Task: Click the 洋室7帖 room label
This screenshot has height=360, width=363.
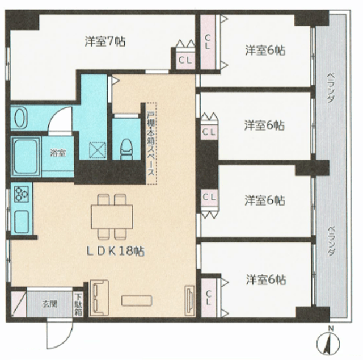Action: [105, 41]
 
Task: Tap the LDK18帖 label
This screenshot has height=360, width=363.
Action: [116, 251]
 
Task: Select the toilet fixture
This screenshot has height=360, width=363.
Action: [126, 149]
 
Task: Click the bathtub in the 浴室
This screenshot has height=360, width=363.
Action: [26, 156]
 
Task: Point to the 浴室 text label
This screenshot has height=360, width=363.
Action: [58, 153]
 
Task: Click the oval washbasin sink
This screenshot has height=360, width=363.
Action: [20, 118]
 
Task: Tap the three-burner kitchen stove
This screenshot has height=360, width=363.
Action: [22, 194]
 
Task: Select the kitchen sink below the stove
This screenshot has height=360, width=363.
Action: [22, 222]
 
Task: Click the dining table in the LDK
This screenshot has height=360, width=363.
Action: [112, 217]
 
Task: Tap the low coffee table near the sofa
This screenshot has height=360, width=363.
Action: [137, 300]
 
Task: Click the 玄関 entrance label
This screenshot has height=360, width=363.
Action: [49, 304]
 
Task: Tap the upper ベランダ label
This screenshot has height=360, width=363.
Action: [331, 87]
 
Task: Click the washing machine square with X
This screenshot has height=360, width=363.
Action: [98, 150]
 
